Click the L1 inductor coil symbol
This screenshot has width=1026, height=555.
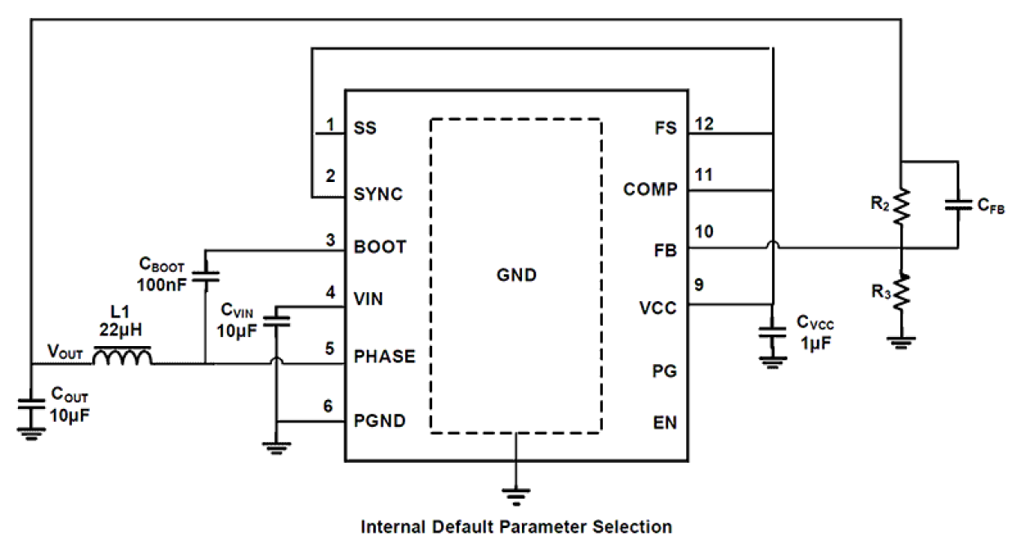pyautogui.click(x=122, y=357)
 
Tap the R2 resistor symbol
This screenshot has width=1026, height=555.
pyautogui.click(x=900, y=208)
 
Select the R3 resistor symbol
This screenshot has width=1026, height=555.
pyautogui.click(x=900, y=292)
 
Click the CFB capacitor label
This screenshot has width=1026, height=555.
pyautogui.click(x=991, y=206)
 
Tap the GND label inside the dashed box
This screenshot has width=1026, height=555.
pyautogui.click(x=516, y=275)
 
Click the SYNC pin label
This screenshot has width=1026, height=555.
pyautogui.click(x=378, y=194)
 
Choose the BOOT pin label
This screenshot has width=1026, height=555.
pyautogui.click(x=379, y=246)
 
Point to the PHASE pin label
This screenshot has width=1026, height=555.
pyautogui.click(x=384, y=357)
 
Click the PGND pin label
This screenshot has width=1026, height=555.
pyautogui.click(x=380, y=421)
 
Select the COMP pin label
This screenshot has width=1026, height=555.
pyautogui.click(x=650, y=189)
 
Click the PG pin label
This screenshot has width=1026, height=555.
pyautogui.click(x=666, y=371)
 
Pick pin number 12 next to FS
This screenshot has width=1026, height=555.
pyautogui.click(x=703, y=123)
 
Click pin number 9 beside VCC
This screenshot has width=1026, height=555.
pyautogui.click(x=699, y=285)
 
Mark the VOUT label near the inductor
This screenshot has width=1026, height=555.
pyautogui.click(x=65, y=353)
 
